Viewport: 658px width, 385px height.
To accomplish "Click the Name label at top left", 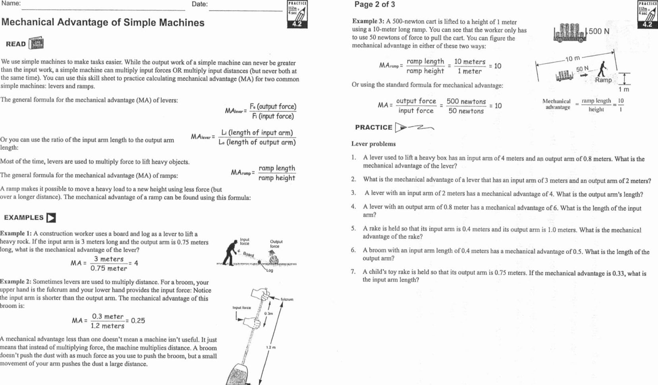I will point(11,4).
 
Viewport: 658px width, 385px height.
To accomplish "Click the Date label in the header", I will point(199,4).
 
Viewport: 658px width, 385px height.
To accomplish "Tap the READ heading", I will point(16,44).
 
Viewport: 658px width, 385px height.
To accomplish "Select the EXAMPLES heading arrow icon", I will point(51,218).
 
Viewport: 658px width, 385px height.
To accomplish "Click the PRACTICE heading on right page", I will point(373,127).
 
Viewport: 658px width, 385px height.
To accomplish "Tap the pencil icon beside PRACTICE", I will point(415,127).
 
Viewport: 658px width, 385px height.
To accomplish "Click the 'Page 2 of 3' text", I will point(374,5).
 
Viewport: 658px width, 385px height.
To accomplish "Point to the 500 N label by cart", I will point(599,31).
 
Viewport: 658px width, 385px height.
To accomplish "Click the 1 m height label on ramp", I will point(623,89).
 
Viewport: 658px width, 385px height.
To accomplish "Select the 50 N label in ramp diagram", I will point(582,69).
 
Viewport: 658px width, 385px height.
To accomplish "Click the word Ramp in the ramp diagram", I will point(603,80).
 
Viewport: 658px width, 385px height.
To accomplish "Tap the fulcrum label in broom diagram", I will point(287,299).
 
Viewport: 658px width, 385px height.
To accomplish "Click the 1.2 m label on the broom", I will point(270,347).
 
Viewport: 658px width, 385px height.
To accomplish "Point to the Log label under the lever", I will point(270,271).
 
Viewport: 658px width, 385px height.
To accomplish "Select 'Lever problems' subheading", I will point(373,144).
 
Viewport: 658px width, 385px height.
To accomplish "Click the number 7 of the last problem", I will point(353,272).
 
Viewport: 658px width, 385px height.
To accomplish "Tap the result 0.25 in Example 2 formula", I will point(138,321).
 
